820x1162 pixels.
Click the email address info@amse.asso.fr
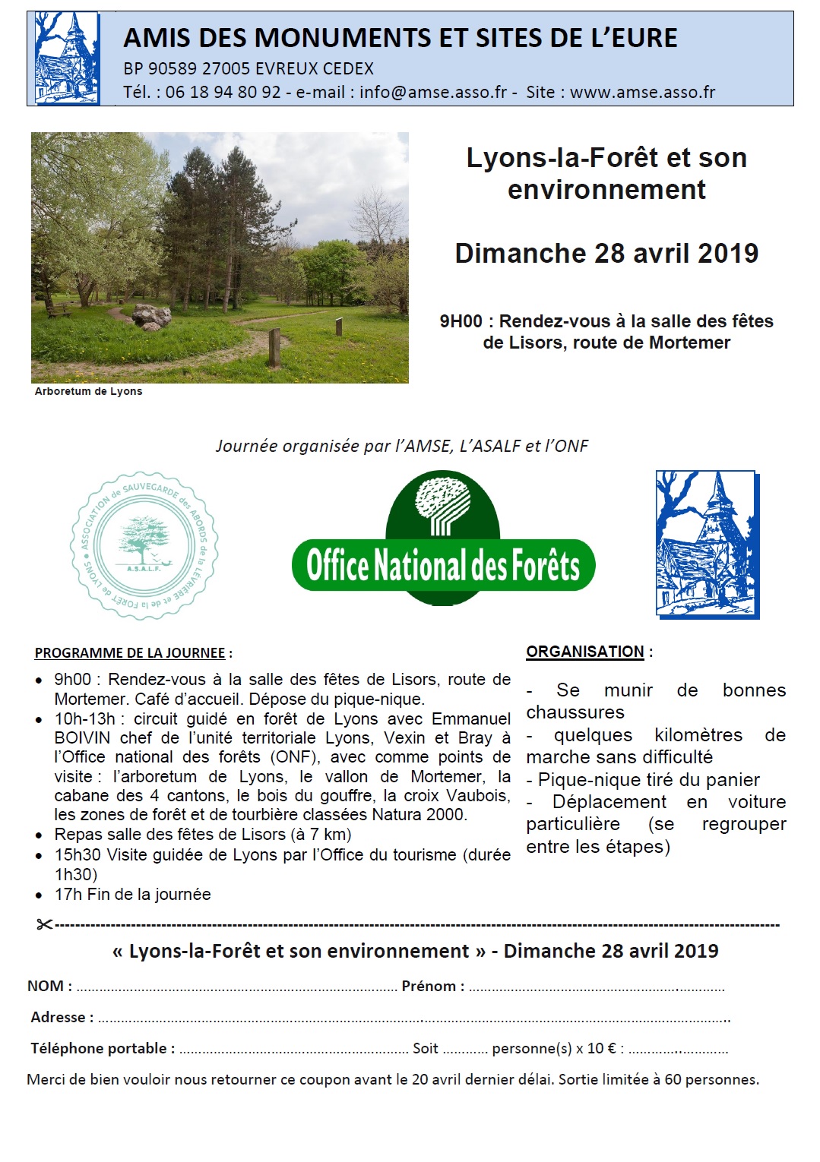click(432, 93)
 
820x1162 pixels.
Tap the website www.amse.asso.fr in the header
click(642, 93)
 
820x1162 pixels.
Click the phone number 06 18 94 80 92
click(223, 93)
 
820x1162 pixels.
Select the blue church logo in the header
click(67, 58)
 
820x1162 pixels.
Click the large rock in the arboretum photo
click(152, 316)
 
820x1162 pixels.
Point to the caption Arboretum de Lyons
click(88, 391)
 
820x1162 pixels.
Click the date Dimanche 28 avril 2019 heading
click(606, 253)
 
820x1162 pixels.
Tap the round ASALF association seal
click(144, 545)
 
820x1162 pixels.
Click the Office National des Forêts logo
click(443, 539)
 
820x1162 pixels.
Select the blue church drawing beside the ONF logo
click(707, 544)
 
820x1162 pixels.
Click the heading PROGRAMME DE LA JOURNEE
click(130, 653)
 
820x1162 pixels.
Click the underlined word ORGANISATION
click(585, 652)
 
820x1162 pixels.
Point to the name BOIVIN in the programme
click(82, 738)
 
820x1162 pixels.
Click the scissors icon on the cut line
click(44, 924)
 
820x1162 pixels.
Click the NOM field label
click(49, 986)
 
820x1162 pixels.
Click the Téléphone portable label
click(103, 1048)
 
